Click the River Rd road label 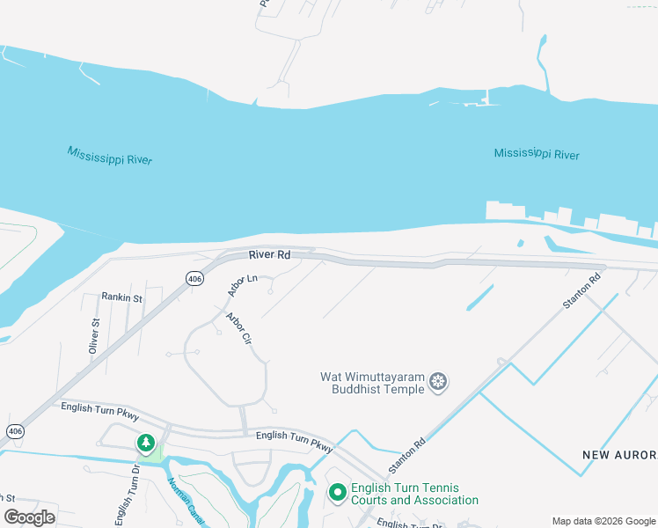pos(269,255)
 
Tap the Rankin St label pos(121,298)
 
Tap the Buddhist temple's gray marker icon pos(438,383)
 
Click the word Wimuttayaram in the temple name pos(384,377)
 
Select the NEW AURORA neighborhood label pos(619,455)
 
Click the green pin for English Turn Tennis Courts pos(336,493)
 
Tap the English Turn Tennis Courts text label pos(414,495)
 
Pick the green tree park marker pos(146,443)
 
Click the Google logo pos(29,517)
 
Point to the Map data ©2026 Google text pos(603,520)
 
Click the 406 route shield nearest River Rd pos(195,278)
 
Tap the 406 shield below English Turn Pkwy pos(14,431)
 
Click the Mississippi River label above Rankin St pos(110,156)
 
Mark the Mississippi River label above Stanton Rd pos(537,154)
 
